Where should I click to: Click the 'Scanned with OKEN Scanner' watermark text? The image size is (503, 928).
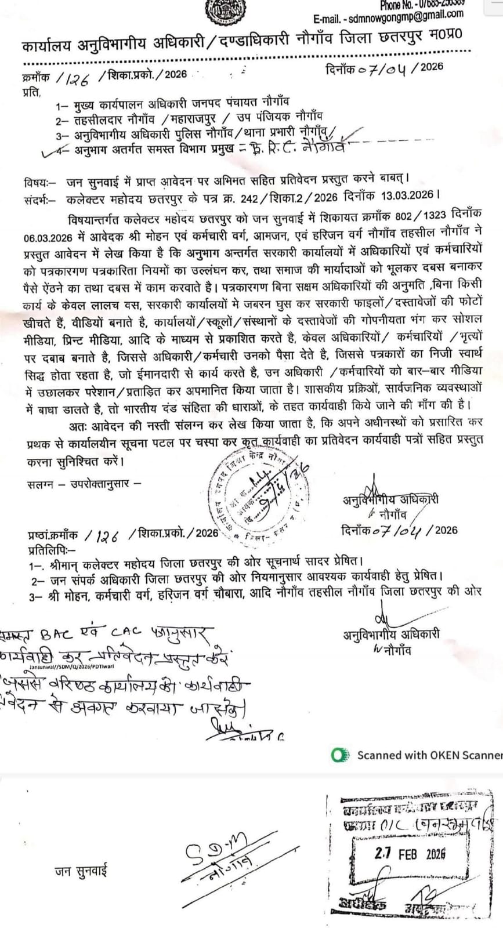[x=429, y=755]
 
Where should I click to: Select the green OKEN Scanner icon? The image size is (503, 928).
[x=340, y=755]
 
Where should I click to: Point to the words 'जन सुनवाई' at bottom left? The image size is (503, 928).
[x=81, y=871]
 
